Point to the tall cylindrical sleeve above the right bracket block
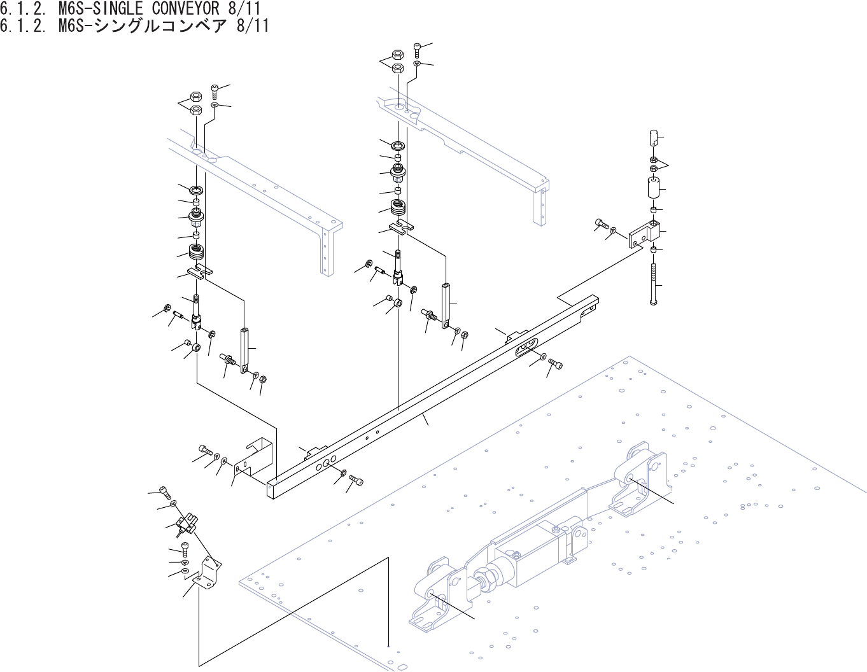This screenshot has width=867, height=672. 652,189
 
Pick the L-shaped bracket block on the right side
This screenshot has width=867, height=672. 643,234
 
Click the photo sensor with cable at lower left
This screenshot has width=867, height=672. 187,524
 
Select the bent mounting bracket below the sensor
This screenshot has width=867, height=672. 208,571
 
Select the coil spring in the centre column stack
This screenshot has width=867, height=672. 399,207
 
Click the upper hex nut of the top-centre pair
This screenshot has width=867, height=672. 397,55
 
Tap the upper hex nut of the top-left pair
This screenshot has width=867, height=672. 197,97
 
